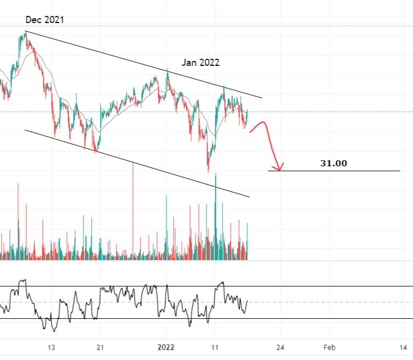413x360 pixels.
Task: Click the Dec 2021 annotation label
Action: point(45,20)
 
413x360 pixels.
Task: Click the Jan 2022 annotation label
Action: point(201,63)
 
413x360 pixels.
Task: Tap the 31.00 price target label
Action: point(334,164)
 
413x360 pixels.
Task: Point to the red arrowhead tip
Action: point(280,170)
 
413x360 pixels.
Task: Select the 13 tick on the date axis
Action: point(51,347)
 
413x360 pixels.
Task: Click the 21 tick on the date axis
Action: point(100,347)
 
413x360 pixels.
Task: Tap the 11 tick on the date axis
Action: point(215,347)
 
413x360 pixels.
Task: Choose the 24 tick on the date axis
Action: point(280,347)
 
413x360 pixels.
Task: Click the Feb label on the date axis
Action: point(328,347)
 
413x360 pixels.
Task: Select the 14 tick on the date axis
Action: point(403,347)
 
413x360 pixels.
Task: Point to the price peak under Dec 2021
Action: point(25,33)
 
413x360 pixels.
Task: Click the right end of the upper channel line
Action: point(262,98)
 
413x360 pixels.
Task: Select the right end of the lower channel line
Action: point(249,196)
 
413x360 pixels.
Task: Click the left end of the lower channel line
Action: point(25,130)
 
